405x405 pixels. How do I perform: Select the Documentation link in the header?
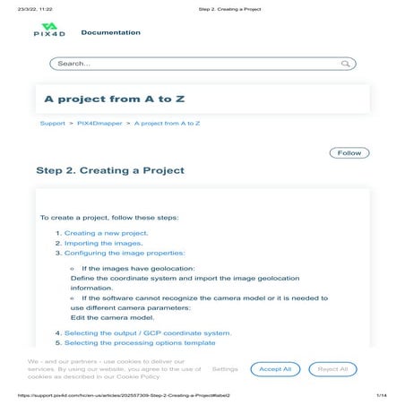(110, 32)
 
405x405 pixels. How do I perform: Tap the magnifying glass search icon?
(346, 64)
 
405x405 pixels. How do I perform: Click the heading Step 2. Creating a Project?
(110, 170)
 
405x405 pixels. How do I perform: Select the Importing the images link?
(102, 243)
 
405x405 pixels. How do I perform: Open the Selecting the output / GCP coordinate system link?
(148, 332)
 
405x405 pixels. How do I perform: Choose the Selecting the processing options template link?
(140, 343)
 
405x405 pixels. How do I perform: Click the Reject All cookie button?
(333, 369)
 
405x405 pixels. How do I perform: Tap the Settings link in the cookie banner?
(225, 369)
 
